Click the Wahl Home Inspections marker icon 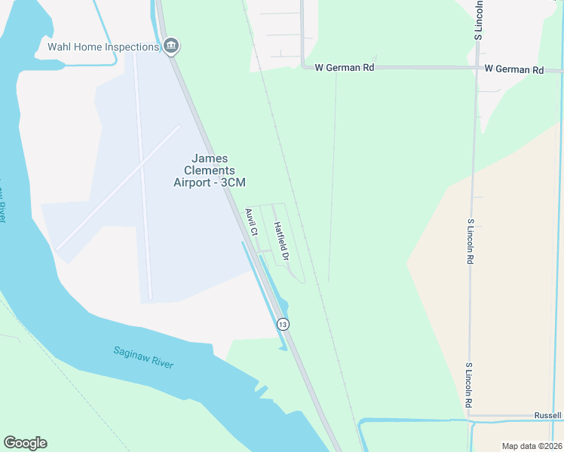coord(171,46)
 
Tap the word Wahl coord(60,47)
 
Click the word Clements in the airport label coord(210,170)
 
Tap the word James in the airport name coord(210,158)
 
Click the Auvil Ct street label coord(252,222)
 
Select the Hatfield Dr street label coord(281,241)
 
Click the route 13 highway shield coord(282,324)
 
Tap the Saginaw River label coord(143,357)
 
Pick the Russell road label coord(548,415)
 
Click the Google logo coord(25,443)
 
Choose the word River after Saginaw coord(163,363)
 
